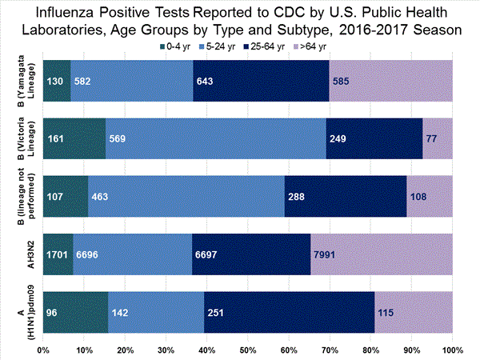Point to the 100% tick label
(452, 350)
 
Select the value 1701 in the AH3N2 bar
(58, 254)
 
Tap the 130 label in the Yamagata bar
(56, 81)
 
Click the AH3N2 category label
(24, 254)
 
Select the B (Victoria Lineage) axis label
(24, 138)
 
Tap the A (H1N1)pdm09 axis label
(24, 311)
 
